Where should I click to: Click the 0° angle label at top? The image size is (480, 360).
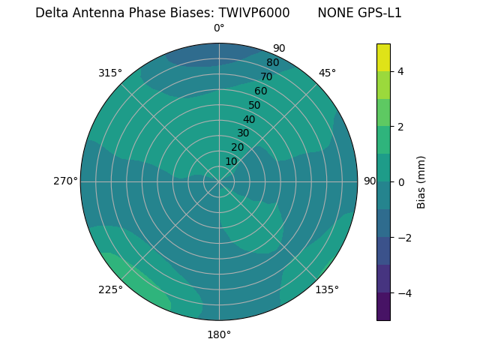pos(219,28)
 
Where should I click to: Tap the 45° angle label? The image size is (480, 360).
pos(327,73)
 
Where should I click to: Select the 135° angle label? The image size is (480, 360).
pos(327,289)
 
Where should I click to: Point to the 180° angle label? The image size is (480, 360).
pos(219,334)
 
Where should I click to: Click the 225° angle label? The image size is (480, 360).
pos(110,290)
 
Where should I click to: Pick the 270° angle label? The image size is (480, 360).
pos(65,181)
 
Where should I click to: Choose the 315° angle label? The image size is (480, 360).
pos(110,73)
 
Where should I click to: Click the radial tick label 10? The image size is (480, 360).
pos(231,161)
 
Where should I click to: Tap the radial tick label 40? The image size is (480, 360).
pos(249,119)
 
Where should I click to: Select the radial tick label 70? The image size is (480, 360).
pos(266,76)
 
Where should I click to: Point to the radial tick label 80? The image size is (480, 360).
pos(272,63)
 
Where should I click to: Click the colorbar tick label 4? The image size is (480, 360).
pos(401,71)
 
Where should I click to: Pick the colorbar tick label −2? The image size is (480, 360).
pos(403,237)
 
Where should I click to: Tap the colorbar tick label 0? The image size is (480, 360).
pos(401,181)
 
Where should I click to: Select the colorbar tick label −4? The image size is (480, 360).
pos(403,292)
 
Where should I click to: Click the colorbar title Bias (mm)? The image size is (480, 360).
pos(421,181)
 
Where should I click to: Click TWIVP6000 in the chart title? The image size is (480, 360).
pos(254,13)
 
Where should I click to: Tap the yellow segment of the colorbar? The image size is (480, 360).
pos(383,57)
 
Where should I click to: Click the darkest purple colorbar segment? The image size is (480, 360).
pos(383,306)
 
